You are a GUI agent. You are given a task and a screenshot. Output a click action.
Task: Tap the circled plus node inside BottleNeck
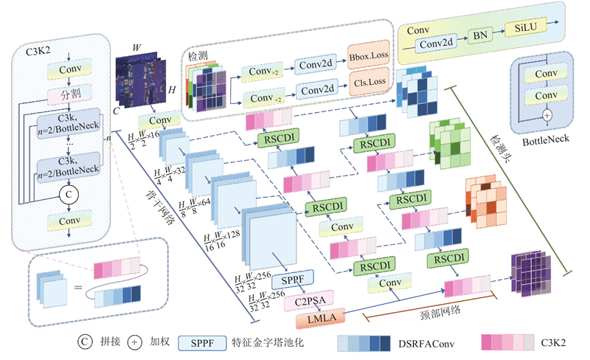click(x=546, y=115)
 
